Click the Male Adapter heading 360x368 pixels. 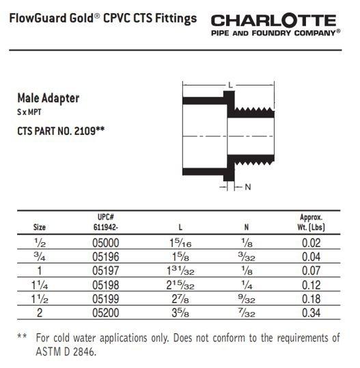tap(48, 98)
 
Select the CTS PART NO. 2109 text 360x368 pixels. tap(60, 128)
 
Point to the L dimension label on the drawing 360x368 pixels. tap(231, 85)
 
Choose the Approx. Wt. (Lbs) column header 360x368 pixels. tap(311, 221)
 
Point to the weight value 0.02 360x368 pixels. tap(311, 241)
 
